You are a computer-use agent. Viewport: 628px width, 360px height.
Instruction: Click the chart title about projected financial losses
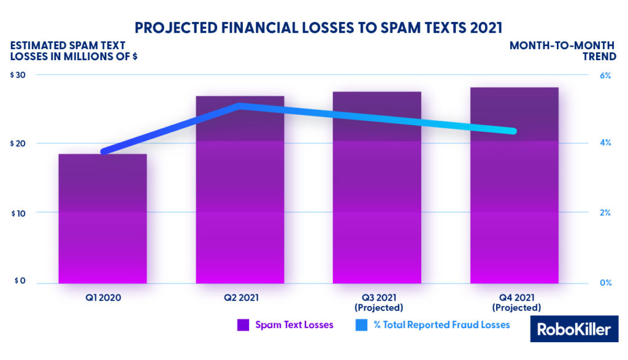[x=314, y=28]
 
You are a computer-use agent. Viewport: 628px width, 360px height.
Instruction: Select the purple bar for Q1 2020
[x=102, y=218]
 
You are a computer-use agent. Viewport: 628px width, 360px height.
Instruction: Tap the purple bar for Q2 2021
[x=240, y=190]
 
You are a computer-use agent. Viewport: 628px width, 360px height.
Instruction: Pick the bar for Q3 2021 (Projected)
[x=377, y=187]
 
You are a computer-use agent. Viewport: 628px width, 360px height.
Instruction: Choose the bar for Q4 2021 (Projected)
[x=515, y=185]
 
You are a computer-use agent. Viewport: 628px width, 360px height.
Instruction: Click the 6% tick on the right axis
[x=605, y=75]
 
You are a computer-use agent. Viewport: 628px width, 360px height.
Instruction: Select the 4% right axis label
[x=605, y=144]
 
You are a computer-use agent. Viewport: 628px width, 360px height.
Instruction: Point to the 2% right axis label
[x=605, y=213]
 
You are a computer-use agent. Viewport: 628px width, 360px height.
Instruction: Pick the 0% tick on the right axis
[x=605, y=283]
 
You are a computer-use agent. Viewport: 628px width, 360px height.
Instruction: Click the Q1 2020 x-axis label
[x=102, y=298]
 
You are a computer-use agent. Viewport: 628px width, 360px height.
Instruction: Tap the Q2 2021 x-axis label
[x=240, y=298]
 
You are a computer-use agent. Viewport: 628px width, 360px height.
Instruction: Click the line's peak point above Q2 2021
[x=240, y=105]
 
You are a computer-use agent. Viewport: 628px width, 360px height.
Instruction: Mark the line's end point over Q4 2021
[x=514, y=131]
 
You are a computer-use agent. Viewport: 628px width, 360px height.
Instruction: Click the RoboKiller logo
[x=574, y=329]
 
